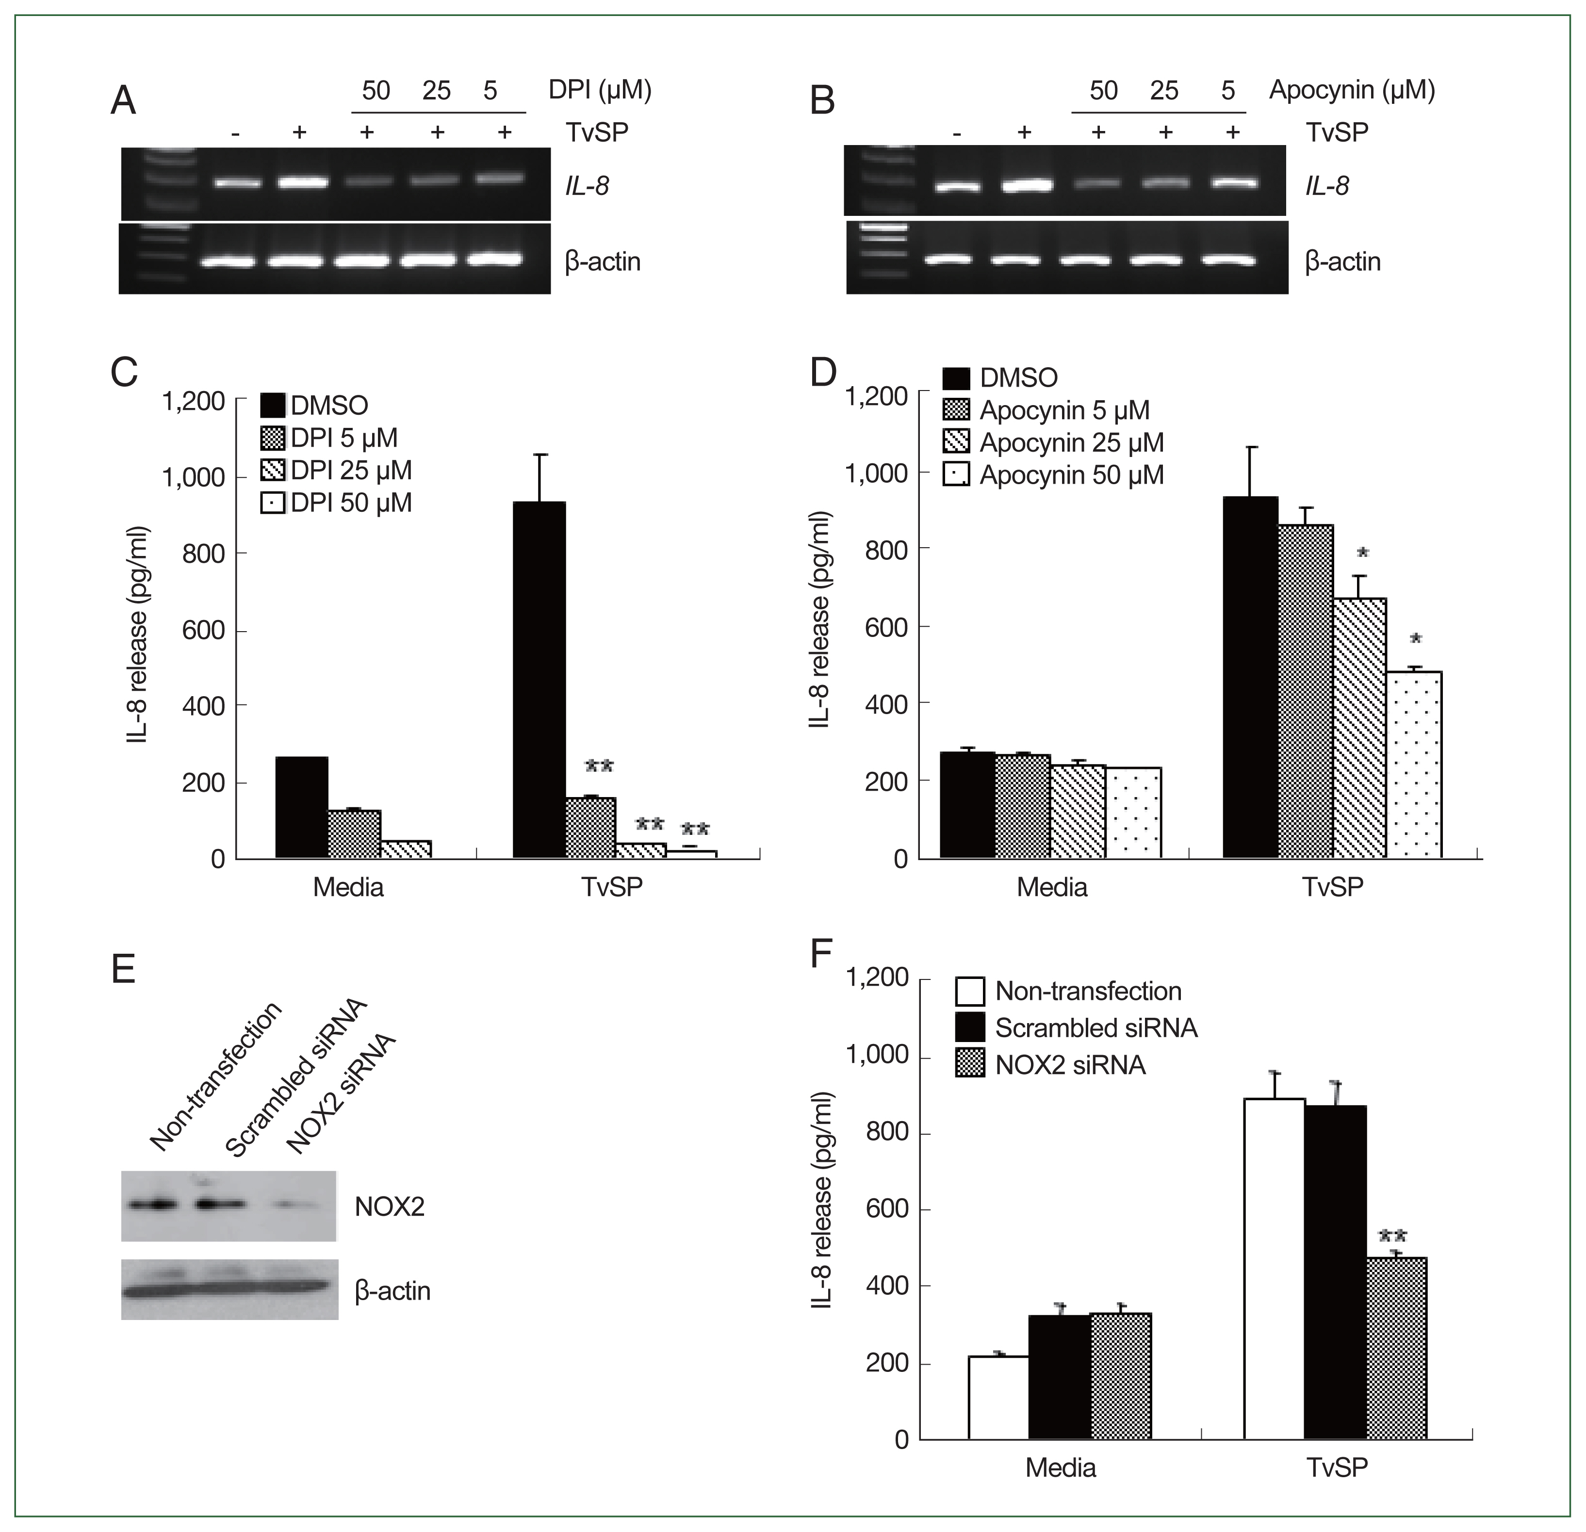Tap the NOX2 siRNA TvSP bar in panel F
[1396, 1348]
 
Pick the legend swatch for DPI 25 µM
[273, 470]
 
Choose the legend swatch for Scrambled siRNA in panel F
[969, 1027]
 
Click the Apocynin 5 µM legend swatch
[956, 410]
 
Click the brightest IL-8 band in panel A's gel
[303, 182]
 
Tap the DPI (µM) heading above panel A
[600, 89]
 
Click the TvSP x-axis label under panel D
[1333, 886]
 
